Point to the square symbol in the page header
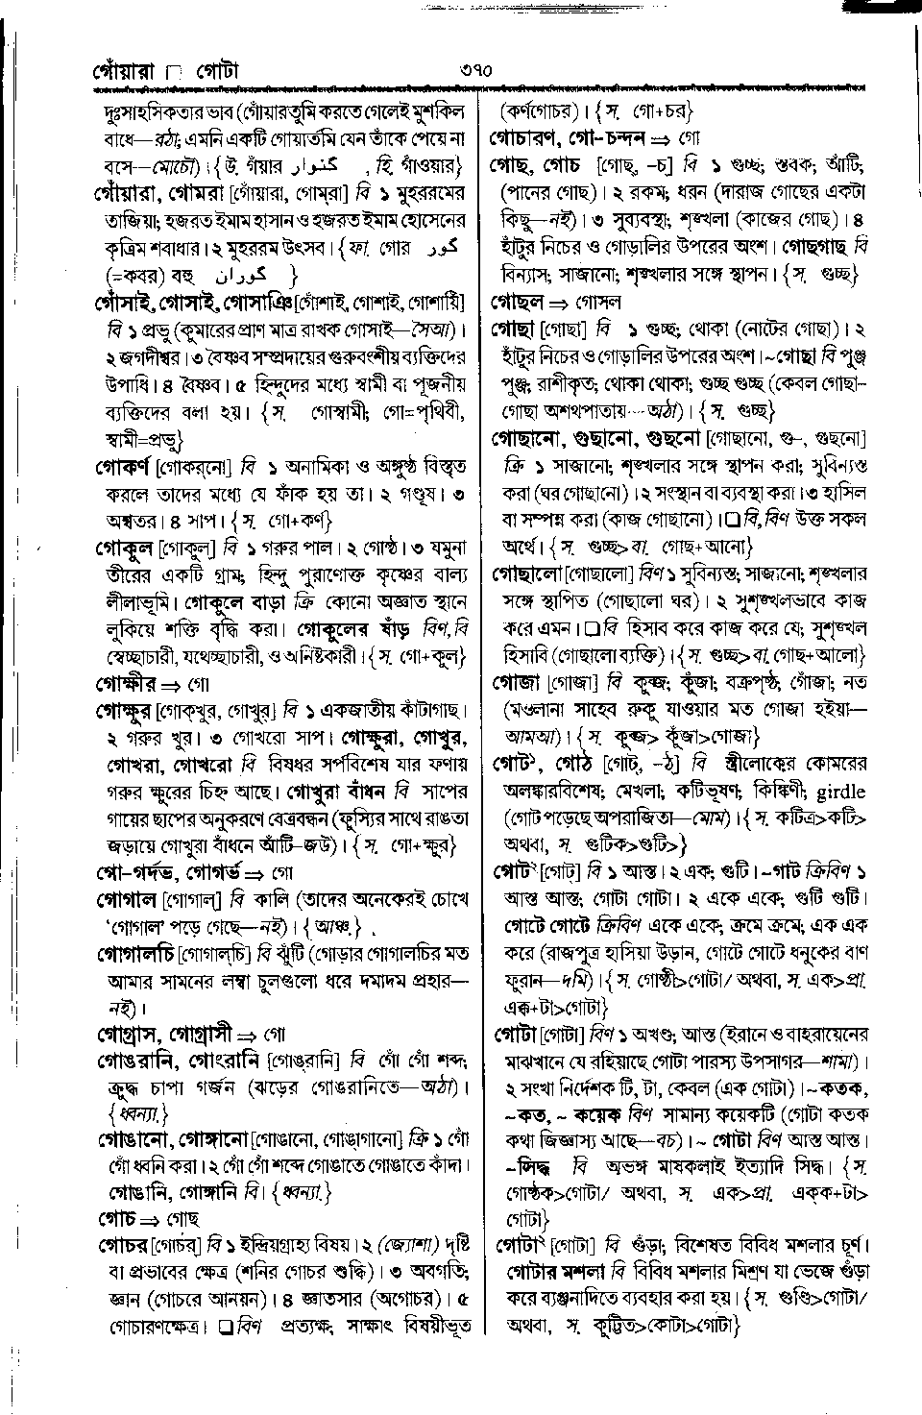[x=173, y=72]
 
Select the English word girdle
[x=839, y=793]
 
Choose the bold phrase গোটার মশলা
[x=554, y=1270]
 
